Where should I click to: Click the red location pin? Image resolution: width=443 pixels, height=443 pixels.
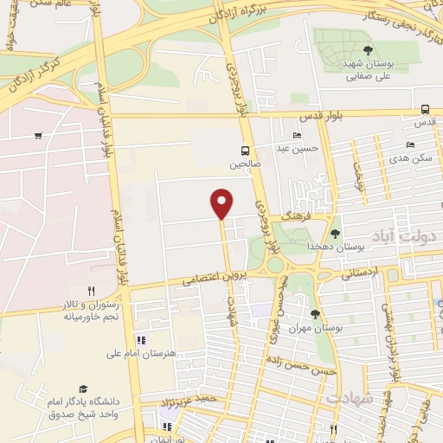point(222,202)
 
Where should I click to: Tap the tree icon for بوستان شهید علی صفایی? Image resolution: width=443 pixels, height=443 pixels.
point(369,50)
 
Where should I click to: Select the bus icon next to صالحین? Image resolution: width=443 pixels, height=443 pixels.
point(246,150)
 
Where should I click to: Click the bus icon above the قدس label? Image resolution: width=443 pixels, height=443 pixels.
point(424,109)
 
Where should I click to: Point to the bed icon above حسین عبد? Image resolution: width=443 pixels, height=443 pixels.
point(298,135)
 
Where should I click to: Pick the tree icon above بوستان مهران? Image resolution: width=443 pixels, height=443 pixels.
point(315,313)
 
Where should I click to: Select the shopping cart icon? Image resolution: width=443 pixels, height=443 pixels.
point(38,135)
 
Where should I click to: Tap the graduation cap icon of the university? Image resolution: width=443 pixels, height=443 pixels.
point(83,389)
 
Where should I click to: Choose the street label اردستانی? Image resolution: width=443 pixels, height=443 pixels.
point(361,273)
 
